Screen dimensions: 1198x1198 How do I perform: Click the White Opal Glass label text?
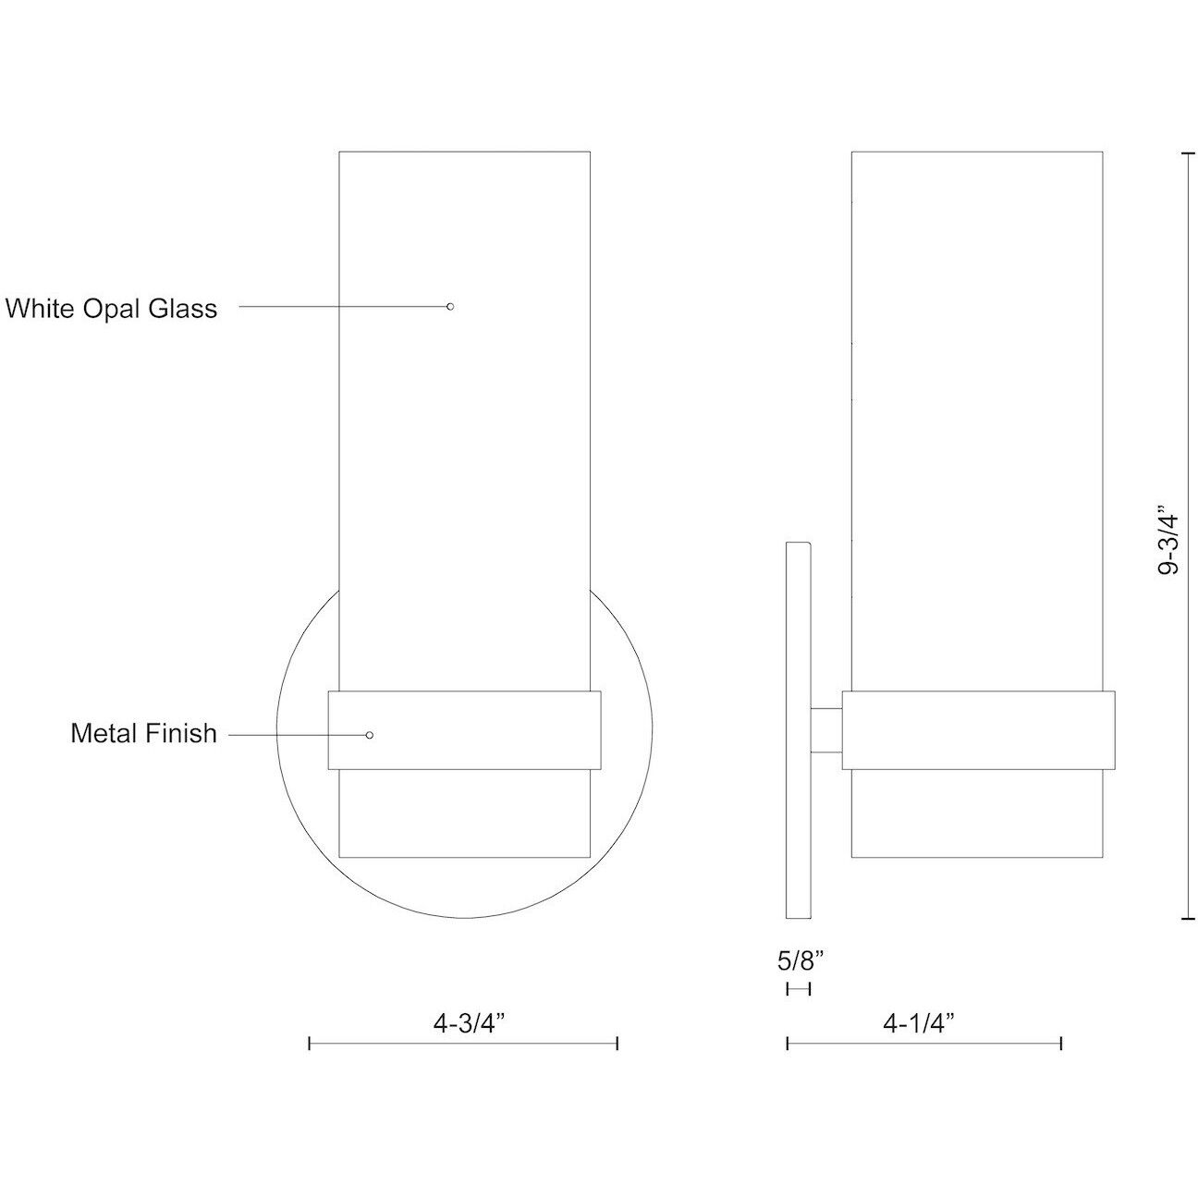pyautogui.click(x=112, y=308)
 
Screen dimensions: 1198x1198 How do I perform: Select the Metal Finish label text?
pyautogui.click(x=143, y=734)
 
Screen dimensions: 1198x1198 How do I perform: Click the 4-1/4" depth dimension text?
pyautogui.click(x=918, y=1023)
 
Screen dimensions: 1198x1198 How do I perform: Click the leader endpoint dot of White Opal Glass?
pyautogui.click(x=450, y=306)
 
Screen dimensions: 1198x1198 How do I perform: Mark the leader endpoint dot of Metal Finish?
pyautogui.click(x=370, y=735)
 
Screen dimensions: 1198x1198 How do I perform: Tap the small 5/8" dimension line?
pyautogui.click(x=798, y=989)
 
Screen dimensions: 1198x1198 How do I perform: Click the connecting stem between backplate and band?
pyautogui.click(x=826, y=729)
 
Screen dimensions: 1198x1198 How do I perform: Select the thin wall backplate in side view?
pyautogui.click(x=798, y=730)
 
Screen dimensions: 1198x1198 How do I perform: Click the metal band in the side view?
pyautogui.click(x=978, y=730)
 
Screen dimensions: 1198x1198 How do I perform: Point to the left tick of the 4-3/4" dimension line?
pyautogui.click(x=309, y=1044)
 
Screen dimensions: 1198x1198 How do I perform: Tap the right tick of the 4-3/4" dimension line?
pyautogui.click(x=617, y=1044)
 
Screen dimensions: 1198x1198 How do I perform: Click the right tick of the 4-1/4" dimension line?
pyautogui.click(x=1061, y=1044)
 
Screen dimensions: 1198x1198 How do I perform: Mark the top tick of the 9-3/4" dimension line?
pyautogui.click(x=1187, y=153)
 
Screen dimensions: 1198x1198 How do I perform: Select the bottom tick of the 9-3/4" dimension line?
pyautogui.click(x=1187, y=919)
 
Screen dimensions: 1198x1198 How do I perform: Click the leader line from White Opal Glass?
pyautogui.click(x=342, y=306)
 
